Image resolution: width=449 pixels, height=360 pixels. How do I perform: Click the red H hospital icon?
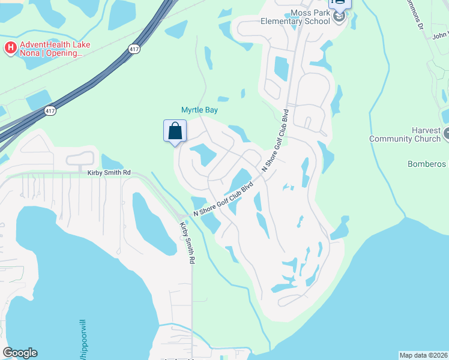(x=10, y=47)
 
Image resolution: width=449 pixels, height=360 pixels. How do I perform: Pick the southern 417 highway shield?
(x=51, y=111)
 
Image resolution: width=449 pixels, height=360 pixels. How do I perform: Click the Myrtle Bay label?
(x=200, y=110)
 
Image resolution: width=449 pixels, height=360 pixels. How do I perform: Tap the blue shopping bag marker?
(x=175, y=131)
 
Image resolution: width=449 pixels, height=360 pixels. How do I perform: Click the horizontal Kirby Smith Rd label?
(x=109, y=173)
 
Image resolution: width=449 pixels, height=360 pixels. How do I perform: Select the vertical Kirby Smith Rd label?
(x=187, y=244)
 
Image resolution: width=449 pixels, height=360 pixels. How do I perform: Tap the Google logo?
(x=20, y=353)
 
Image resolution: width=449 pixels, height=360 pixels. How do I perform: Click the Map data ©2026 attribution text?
(x=423, y=355)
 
